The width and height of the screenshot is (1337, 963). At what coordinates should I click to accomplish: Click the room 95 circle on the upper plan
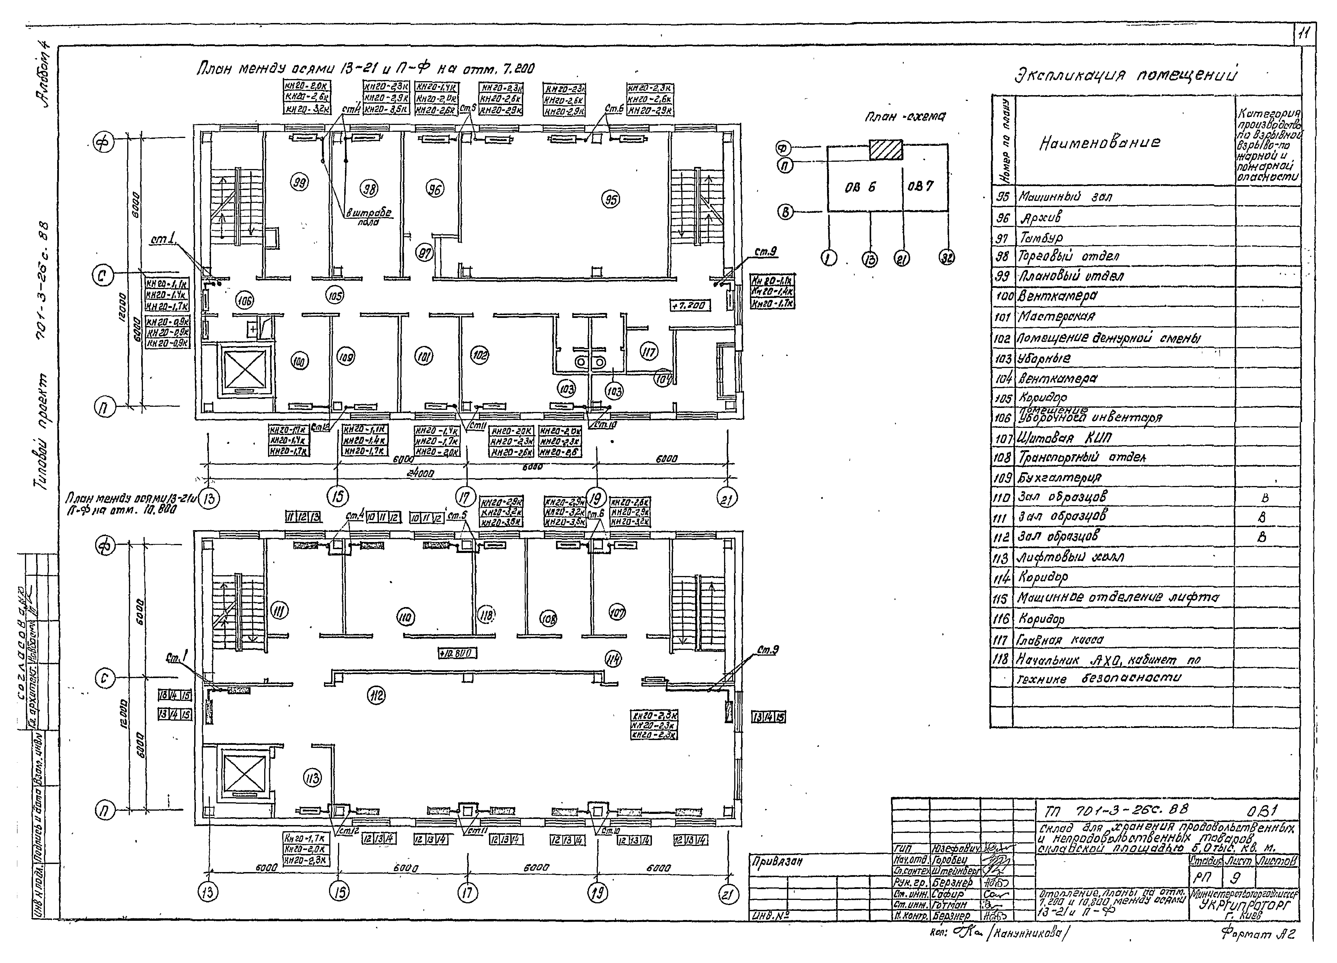[x=611, y=200]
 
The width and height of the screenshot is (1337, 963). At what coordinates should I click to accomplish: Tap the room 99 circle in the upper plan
[x=299, y=183]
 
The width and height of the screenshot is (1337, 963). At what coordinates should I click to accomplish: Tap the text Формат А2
[x=1257, y=933]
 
